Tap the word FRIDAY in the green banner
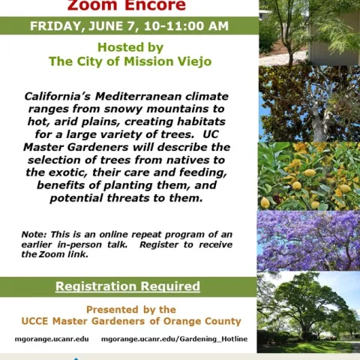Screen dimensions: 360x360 tap(57, 26)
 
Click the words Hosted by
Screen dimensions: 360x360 tap(130, 47)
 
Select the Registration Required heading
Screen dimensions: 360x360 tap(127, 286)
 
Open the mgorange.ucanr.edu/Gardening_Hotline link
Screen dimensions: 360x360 tap(174, 339)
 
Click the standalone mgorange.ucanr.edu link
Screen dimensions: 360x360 tap(52, 339)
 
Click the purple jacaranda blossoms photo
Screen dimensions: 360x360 tap(308, 241)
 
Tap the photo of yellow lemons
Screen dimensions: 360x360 tap(308, 175)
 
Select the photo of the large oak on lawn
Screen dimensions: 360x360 tap(308, 311)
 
